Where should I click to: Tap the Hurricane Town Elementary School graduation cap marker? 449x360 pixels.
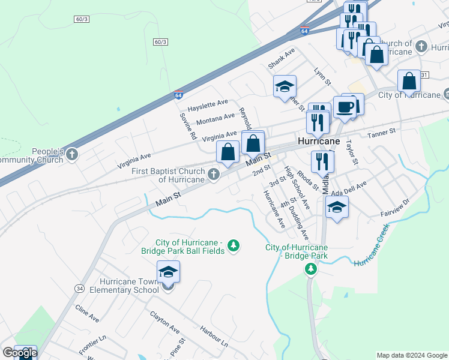tap(168, 272)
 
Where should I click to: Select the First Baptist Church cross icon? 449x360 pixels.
tap(214, 174)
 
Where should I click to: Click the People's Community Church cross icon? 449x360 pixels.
tap(72, 155)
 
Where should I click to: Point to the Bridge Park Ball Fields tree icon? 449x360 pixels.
tap(234, 245)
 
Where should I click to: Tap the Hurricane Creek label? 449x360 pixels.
tap(370, 247)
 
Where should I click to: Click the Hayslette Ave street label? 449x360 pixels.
tap(208, 106)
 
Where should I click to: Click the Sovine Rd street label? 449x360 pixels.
tap(188, 126)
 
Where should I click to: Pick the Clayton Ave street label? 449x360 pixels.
tap(165, 322)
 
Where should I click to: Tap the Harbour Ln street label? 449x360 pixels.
tap(214, 337)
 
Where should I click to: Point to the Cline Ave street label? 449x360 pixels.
tap(87, 313)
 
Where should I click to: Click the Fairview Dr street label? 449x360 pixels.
tap(394, 210)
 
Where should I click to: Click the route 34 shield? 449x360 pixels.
tap(80, 289)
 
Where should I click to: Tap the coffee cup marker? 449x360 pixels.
tap(345, 107)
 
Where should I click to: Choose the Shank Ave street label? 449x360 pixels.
tap(282, 58)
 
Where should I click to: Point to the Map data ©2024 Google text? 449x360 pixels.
tap(412, 355)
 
